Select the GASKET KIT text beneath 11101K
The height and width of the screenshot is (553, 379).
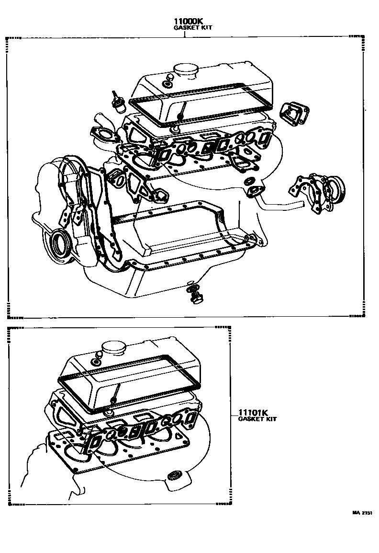click(x=257, y=419)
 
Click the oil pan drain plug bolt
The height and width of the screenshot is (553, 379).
click(x=195, y=298)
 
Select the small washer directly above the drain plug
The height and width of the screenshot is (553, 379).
click(x=190, y=283)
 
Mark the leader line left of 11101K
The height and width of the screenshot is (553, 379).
click(x=231, y=413)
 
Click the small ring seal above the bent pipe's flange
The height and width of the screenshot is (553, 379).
click(x=248, y=182)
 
